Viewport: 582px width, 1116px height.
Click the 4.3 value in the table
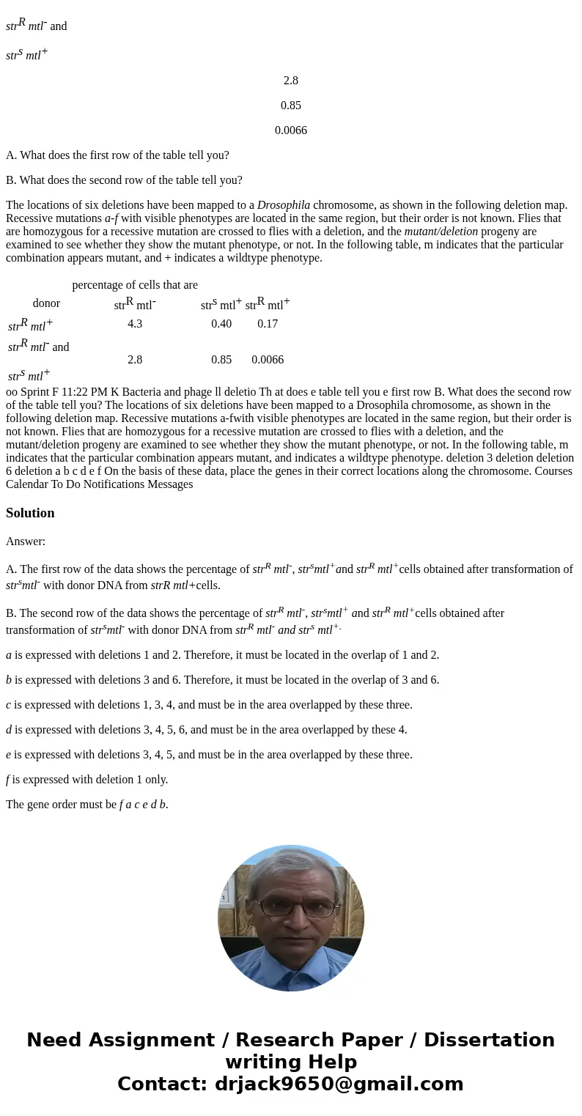click(135, 323)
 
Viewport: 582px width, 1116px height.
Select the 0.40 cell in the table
click(221, 323)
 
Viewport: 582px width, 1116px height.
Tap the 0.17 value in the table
click(268, 323)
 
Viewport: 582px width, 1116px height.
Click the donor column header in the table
click(46, 303)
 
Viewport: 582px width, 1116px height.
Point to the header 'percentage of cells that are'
click(135, 284)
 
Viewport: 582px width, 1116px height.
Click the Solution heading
click(30, 513)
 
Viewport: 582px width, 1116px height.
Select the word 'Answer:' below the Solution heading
click(26, 542)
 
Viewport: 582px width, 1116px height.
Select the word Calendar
click(29, 484)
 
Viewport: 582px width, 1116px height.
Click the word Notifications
click(122, 484)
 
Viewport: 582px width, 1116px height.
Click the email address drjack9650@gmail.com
click(339, 1084)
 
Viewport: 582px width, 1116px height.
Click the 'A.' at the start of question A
click(11, 155)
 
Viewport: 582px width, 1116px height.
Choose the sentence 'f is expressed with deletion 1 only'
click(86, 780)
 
